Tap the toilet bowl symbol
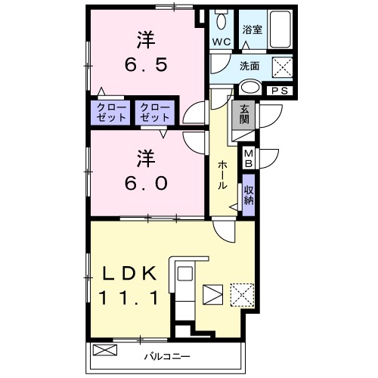(x=222, y=18)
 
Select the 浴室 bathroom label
(x=252, y=30)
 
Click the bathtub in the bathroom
(x=283, y=29)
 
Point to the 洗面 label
(x=250, y=66)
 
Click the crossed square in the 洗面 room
(x=282, y=67)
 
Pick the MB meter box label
(x=248, y=159)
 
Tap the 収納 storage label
(x=249, y=195)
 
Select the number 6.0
(x=147, y=183)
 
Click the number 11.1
(x=128, y=298)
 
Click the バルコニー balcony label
(x=167, y=355)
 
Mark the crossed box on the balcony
(x=105, y=352)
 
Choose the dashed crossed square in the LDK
(x=242, y=295)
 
